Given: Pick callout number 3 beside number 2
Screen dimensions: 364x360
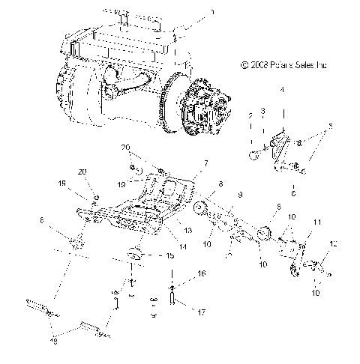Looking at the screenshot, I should (x=262, y=110).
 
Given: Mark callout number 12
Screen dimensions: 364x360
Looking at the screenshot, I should (x=334, y=244).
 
